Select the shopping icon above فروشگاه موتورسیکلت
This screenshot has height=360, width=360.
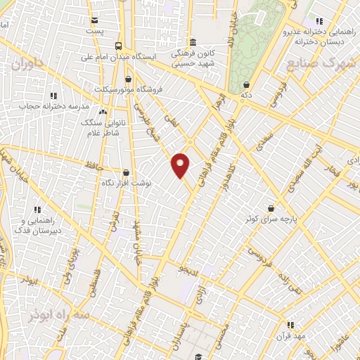(128, 79)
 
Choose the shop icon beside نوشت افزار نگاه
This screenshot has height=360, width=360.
(126, 172)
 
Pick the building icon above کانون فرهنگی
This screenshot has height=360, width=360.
(193, 41)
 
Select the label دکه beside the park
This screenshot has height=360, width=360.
(246, 94)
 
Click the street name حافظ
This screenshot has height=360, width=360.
(94, 165)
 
